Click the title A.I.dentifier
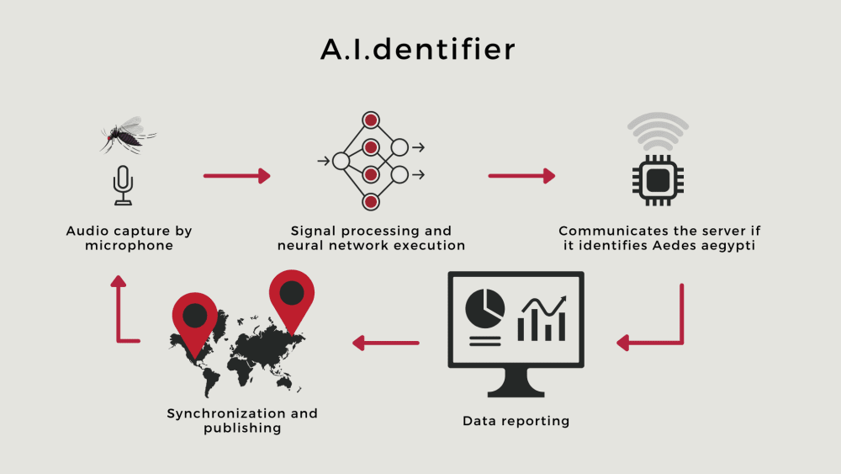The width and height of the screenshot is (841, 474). [x=418, y=49]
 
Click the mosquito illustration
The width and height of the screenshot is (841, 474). [x=128, y=135]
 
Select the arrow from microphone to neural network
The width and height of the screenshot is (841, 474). [x=237, y=176]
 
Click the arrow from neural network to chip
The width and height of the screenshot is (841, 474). [x=521, y=176]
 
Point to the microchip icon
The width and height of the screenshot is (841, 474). [x=659, y=179]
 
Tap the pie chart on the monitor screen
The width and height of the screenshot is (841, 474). [x=484, y=306]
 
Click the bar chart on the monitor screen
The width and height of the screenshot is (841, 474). [x=542, y=317]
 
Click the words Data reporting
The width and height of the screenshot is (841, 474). [x=516, y=420]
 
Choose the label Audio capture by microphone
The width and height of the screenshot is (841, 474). [x=130, y=238]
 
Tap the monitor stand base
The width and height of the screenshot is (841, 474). [x=516, y=390]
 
